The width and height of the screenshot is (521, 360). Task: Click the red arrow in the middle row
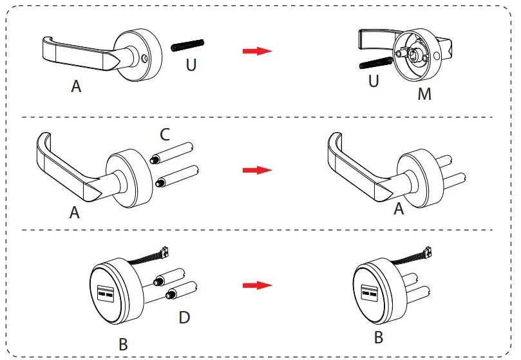(256, 170)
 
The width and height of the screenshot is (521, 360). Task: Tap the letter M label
(424, 94)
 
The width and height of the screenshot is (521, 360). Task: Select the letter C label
(165, 135)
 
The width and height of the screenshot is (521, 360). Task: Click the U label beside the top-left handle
(191, 66)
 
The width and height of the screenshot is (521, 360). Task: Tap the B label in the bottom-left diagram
(122, 345)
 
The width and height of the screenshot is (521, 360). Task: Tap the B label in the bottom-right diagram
(379, 337)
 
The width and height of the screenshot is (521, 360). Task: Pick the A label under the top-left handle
(77, 86)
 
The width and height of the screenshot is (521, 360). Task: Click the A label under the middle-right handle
(399, 209)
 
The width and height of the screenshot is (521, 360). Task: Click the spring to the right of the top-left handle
(188, 45)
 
